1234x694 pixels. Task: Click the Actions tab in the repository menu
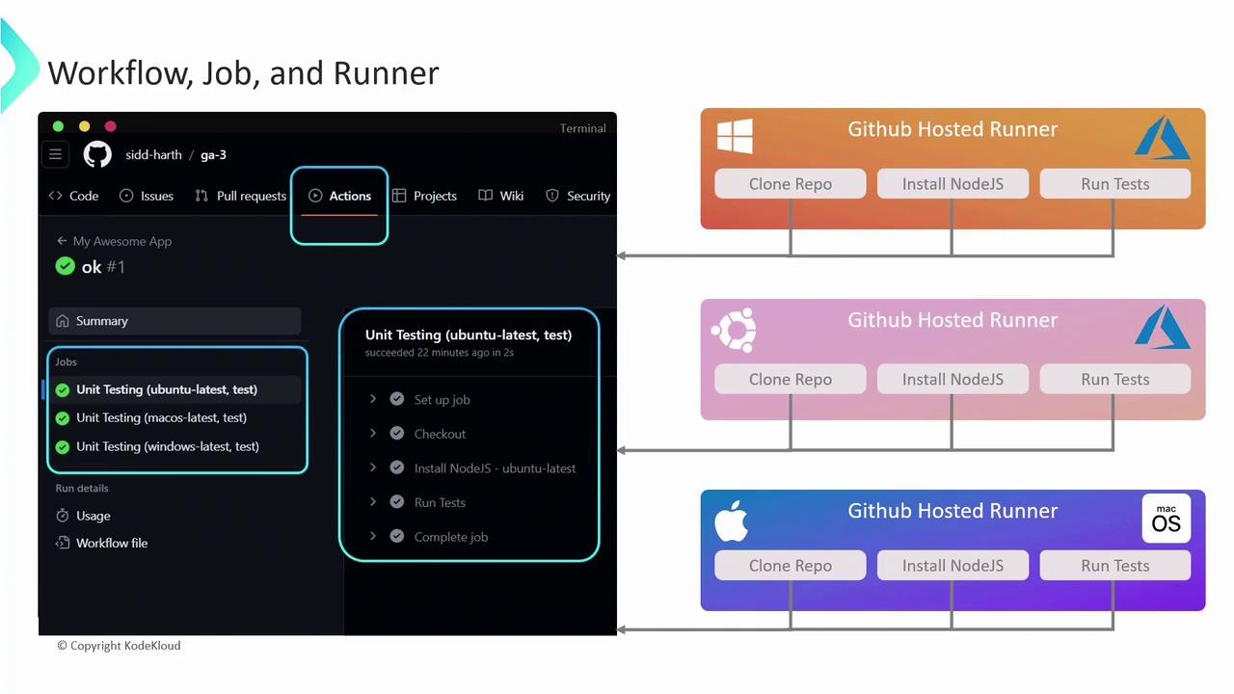(x=340, y=196)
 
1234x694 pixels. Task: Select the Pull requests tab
(x=241, y=196)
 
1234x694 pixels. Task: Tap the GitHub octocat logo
(x=97, y=154)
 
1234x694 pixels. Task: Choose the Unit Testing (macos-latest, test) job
(x=161, y=418)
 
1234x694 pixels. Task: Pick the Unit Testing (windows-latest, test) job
(x=167, y=446)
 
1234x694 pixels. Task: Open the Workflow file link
(x=112, y=544)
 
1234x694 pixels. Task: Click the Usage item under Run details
(x=93, y=516)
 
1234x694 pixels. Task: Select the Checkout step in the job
(x=440, y=434)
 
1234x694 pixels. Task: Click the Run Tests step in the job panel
(x=440, y=502)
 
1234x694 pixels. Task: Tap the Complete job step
(x=450, y=537)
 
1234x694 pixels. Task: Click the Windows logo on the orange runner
(x=735, y=137)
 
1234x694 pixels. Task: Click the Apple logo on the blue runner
(x=731, y=520)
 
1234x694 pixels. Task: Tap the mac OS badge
(x=1166, y=519)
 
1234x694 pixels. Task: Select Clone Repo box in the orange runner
(x=791, y=184)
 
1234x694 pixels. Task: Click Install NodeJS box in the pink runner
(x=952, y=379)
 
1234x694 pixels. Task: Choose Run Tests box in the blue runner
(x=1114, y=566)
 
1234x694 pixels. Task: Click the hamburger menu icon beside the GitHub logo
(x=56, y=154)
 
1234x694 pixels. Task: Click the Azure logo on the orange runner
(x=1162, y=138)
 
